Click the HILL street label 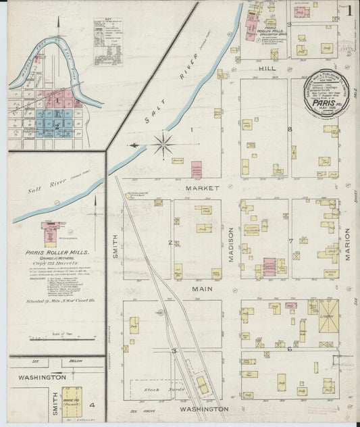point(265,69)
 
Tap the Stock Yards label point(155,391)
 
